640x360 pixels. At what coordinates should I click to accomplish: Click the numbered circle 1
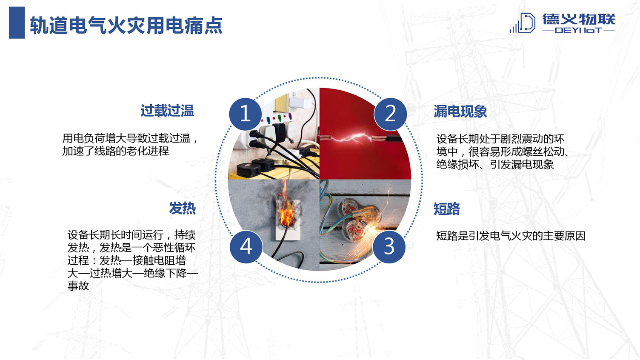tap(246, 114)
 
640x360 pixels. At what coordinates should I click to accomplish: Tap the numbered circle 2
tap(390, 114)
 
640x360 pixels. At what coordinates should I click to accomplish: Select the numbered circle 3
tap(389, 247)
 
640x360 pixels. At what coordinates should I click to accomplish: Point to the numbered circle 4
tap(246, 247)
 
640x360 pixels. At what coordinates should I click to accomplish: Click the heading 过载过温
tap(167, 111)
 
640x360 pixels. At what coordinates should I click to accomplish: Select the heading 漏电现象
tap(460, 111)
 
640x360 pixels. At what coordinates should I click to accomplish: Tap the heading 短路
tap(446, 209)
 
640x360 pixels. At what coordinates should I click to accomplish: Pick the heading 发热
tap(182, 208)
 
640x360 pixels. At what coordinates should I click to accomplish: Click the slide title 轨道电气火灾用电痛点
tap(126, 26)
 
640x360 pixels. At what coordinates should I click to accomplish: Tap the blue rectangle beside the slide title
tap(17, 23)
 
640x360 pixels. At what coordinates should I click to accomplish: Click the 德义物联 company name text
tap(579, 20)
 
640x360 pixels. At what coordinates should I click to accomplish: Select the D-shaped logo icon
tap(523, 23)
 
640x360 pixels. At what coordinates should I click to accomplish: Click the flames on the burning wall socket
tap(287, 207)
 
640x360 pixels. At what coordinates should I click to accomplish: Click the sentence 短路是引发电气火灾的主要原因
tap(511, 236)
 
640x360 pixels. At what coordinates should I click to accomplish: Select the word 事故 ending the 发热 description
tap(78, 286)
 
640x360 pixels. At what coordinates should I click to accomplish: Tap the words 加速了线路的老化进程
tap(116, 151)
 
